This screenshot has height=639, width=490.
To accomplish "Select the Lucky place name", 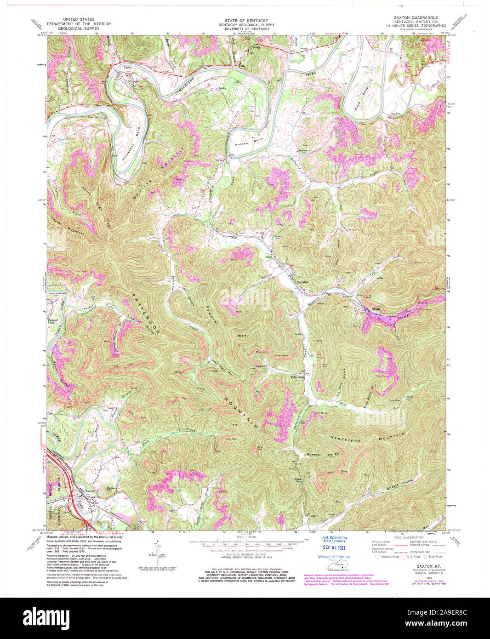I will (223, 87).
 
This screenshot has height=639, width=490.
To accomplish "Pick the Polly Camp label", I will (298, 377).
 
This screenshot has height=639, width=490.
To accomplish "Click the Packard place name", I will (261, 366).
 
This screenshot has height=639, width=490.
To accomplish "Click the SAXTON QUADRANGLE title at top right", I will (412, 17).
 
